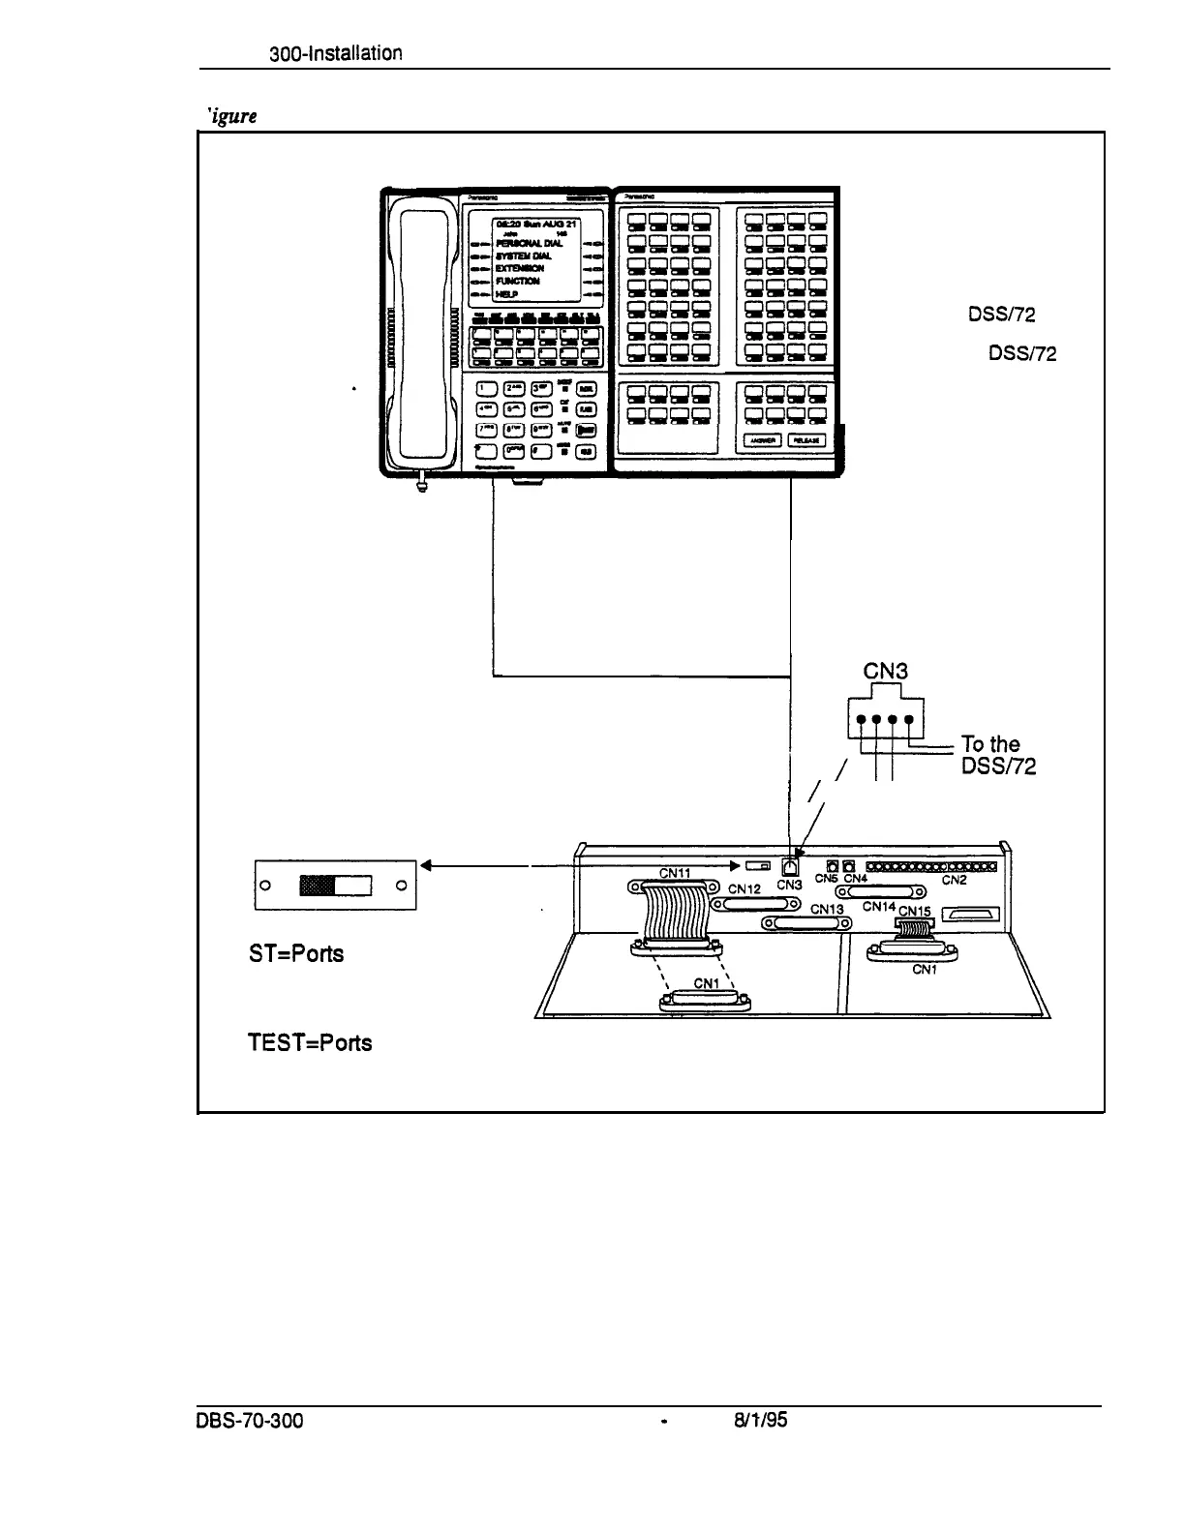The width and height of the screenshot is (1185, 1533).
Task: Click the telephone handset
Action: click(417, 339)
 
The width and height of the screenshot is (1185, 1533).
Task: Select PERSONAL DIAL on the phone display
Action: click(529, 243)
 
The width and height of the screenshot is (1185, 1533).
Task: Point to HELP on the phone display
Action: click(507, 294)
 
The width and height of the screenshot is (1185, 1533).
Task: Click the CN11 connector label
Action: click(674, 873)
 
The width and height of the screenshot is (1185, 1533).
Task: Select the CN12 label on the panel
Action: click(745, 888)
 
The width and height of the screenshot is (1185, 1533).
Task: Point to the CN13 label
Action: click(828, 909)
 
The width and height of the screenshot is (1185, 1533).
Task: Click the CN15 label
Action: click(914, 912)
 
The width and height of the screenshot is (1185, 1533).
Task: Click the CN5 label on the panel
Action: click(826, 879)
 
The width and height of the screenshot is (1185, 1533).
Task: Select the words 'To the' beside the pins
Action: click(990, 744)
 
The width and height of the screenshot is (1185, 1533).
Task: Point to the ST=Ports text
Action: click(296, 953)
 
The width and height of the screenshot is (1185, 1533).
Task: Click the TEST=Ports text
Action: click(309, 1043)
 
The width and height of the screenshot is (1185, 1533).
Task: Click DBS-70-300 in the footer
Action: click(250, 1423)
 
